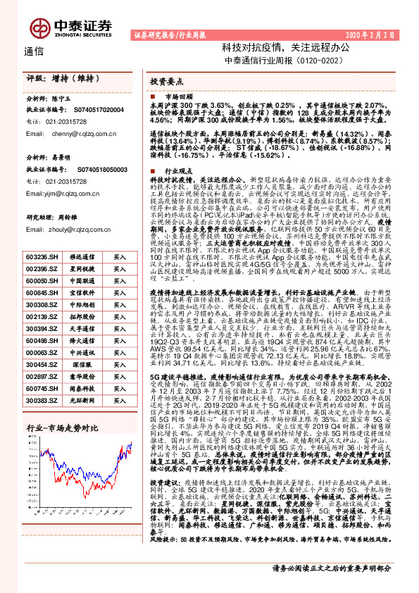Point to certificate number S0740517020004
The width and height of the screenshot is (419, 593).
click(99, 111)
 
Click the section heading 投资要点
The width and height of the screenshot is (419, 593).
click(168, 82)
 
